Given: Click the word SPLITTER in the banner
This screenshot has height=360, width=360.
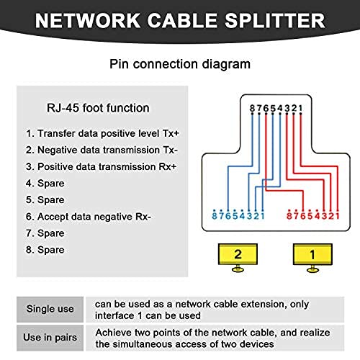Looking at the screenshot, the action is coord(275,21).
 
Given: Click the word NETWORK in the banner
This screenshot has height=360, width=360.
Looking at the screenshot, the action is coord(88,21).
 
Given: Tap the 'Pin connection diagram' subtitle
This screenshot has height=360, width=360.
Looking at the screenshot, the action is coord(180,64).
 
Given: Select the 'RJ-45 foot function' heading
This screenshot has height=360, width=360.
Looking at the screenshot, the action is coord(98,108).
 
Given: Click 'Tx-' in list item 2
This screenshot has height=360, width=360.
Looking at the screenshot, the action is coord(170,150).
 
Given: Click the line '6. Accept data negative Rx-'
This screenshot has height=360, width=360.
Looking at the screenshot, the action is coord(89,217).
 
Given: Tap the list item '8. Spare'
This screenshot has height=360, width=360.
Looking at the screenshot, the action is coord(45,250).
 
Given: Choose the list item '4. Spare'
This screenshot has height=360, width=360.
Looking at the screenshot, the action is coord(45,184).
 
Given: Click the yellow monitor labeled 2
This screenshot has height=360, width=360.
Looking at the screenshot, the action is coord(238,258).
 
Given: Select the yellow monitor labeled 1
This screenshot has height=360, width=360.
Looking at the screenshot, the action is coord(312,258).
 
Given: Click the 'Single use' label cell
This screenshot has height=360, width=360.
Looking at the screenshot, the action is coord(50,310).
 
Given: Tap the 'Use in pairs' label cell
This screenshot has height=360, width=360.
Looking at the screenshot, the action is coord(50,338).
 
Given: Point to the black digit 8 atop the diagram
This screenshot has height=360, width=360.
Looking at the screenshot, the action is coord(252,108).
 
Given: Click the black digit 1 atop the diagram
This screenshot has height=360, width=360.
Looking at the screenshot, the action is coord(300,108).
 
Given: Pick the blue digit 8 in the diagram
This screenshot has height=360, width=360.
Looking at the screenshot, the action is coord(215,216).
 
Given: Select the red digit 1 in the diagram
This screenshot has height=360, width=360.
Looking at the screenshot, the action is coord(338,216).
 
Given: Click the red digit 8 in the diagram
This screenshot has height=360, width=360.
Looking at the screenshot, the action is coord(289,216).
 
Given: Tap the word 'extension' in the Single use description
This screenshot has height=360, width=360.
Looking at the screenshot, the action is coord(264,304).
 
